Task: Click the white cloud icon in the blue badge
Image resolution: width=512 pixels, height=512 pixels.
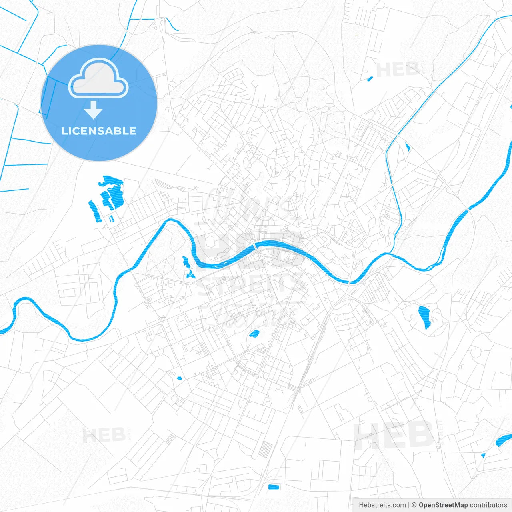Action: [x=98, y=78]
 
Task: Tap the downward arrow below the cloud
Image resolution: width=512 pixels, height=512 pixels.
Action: [x=94, y=110]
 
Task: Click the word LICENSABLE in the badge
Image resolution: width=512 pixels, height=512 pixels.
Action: [x=99, y=131]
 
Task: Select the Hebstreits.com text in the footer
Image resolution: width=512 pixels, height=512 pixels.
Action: [x=382, y=505]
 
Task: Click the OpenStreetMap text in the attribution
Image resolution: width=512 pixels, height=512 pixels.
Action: [x=443, y=505]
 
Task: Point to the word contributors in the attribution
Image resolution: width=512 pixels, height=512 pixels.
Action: [x=488, y=505]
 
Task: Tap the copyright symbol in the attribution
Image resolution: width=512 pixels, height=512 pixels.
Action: [x=414, y=505]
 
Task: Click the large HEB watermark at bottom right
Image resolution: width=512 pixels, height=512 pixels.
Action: [x=394, y=435]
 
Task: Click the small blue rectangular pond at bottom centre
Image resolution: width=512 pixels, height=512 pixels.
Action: [x=273, y=487]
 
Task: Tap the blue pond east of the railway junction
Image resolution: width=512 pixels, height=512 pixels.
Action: [x=424, y=317]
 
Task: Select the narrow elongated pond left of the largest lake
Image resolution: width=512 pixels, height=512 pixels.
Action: [x=94, y=211]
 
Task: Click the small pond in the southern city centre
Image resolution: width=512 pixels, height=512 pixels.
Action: [x=254, y=333]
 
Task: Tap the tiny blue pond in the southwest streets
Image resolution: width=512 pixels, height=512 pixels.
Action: [x=179, y=378]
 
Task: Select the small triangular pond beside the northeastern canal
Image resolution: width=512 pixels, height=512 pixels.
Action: [x=408, y=147]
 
